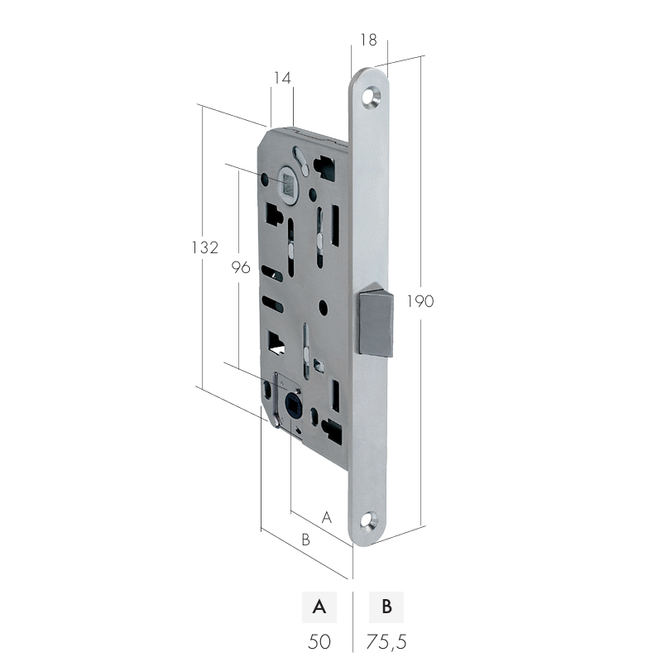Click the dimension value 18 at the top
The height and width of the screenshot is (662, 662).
pyautogui.click(x=368, y=40)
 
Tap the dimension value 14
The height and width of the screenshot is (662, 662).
pyautogui.click(x=282, y=78)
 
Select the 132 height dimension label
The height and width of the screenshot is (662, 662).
pyautogui.click(x=205, y=247)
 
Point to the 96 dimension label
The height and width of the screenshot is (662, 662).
pyautogui.click(x=241, y=267)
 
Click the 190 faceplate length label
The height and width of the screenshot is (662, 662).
pyautogui.click(x=420, y=301)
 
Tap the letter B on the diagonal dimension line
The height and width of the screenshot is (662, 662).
pyautogui.click(x=305, y=540)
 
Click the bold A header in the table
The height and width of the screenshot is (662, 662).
pyautogui.click(x=319, y=607)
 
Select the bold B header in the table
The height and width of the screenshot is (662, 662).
pyautogui.click(x=386, y=607)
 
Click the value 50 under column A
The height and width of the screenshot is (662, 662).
pyautogui.click(x=319, y=642)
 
